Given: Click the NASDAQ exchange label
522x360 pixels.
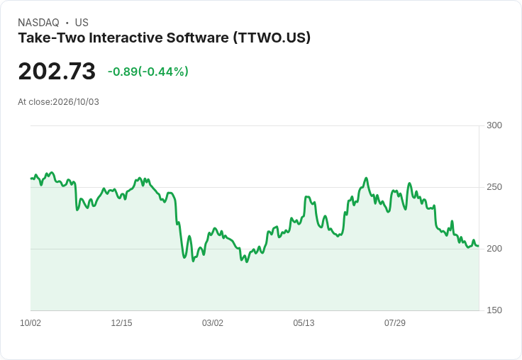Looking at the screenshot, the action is pos(38,23).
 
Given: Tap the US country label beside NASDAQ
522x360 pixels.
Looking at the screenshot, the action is pos(82,23).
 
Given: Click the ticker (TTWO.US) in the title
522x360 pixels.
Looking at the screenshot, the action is pos(272,38).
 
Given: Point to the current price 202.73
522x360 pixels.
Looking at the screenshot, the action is pos(57,72).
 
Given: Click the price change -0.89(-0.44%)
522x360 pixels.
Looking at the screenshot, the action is pos(148,72).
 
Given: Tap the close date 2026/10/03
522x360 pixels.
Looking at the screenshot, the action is pos(76,102).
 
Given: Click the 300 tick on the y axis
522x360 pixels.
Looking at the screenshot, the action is pos(494,125).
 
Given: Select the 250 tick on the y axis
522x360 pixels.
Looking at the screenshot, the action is pos(494,187).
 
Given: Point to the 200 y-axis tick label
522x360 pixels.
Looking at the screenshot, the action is pos(494,249).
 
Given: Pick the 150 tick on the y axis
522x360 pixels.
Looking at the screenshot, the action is pos(494,310).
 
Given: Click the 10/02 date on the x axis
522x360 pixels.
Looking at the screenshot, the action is pos(30,323).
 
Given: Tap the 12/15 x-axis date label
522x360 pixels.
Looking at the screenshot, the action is pos(121,323).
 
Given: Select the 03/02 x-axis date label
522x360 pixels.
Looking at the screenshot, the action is pos(213,323).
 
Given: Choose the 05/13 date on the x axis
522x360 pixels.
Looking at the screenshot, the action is pos(304,323).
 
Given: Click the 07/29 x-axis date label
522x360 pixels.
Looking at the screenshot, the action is pos(395,323).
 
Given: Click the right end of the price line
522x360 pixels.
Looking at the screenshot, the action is pos(479,246).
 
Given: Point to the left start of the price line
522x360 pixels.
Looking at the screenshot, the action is pos(31,179).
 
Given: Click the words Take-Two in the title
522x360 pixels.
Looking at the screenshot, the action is pos(52,38).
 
